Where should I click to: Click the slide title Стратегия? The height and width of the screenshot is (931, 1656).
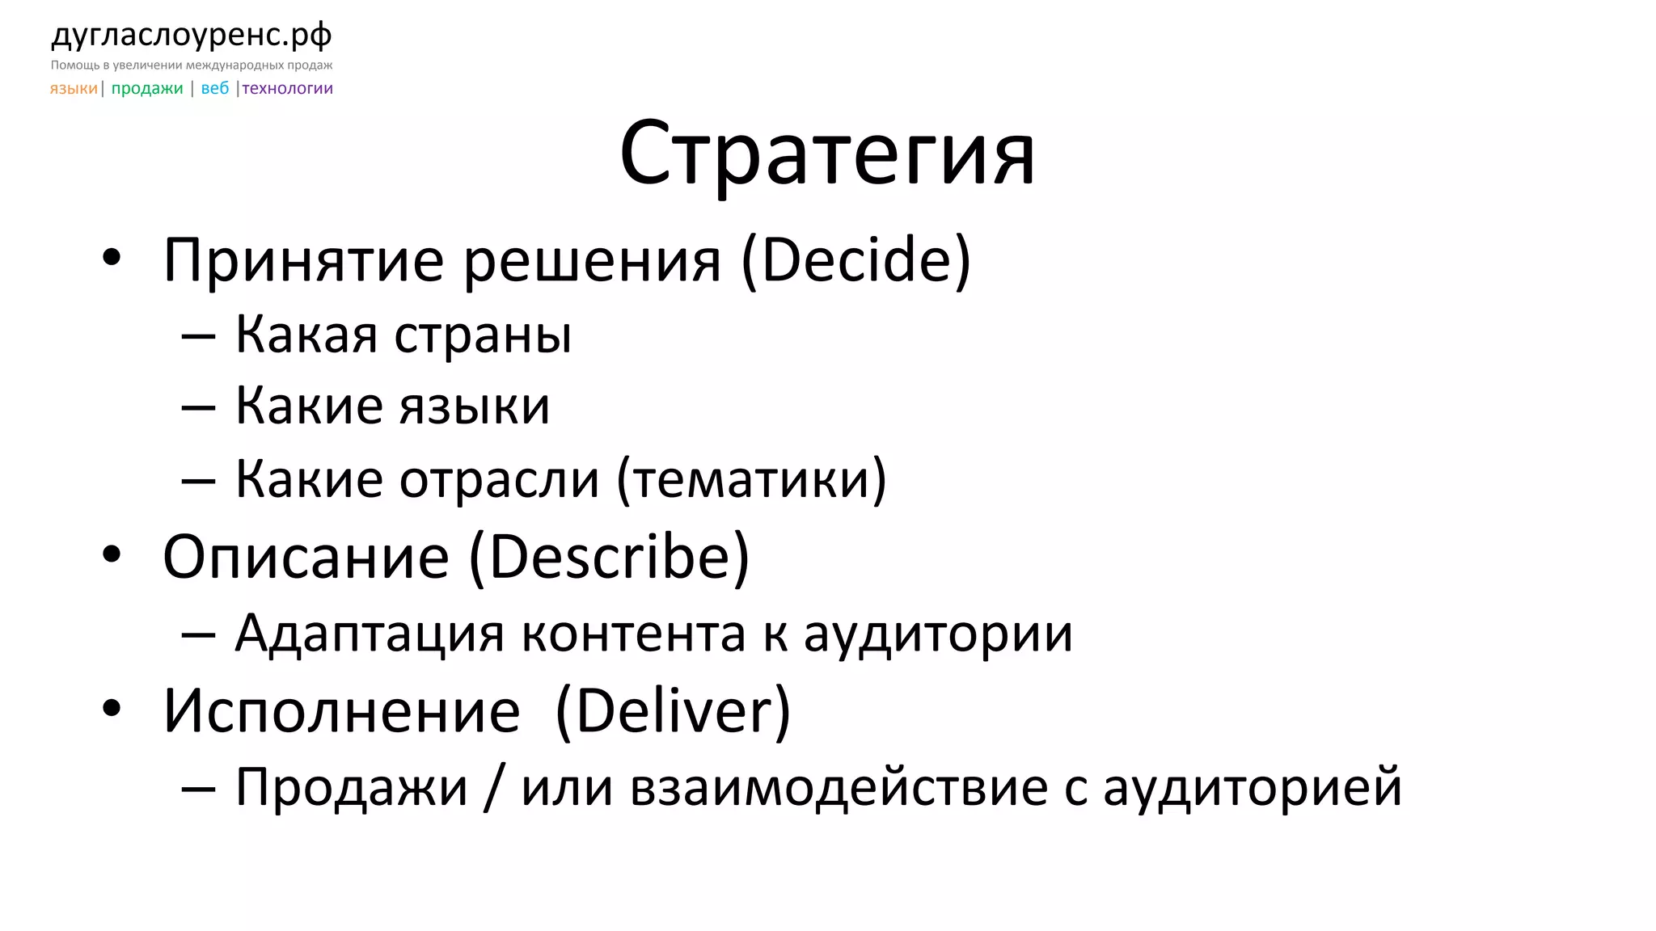click(x=826, y=154)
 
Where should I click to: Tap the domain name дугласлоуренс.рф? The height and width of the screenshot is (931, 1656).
click(x=192, y=35)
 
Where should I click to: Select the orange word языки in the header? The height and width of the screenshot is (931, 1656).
click(x=74, y=88)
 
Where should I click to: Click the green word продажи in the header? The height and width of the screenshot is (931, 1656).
click(x=147, y=88)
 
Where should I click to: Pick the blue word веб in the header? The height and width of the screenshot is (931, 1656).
click(x=215, y=88)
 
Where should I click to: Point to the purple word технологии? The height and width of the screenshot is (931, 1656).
click(x=288, y=88)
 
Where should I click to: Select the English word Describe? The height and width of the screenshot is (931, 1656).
click(x=619, y=557)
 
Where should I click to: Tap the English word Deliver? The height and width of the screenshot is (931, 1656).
click(x=674, y=711)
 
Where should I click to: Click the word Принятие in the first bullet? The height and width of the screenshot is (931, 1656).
click(x=303, y=260)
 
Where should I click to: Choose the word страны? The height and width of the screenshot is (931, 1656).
click(x=483, y=334)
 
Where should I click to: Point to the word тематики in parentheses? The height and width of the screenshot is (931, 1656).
click(x=751, y=479)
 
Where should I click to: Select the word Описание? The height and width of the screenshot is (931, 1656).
click(x=306, y=557)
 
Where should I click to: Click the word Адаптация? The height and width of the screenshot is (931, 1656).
click(x=370, y=633)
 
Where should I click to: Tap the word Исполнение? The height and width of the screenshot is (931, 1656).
click(x=341, y=711)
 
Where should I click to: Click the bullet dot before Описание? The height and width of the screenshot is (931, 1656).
click(x=112, y=554)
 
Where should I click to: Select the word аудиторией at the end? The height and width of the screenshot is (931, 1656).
click(x=1253, y=786)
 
